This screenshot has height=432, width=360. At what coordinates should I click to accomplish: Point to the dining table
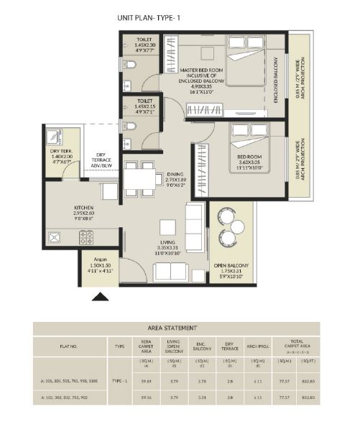[139, 179]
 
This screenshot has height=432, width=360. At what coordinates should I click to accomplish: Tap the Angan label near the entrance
[96, 265]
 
